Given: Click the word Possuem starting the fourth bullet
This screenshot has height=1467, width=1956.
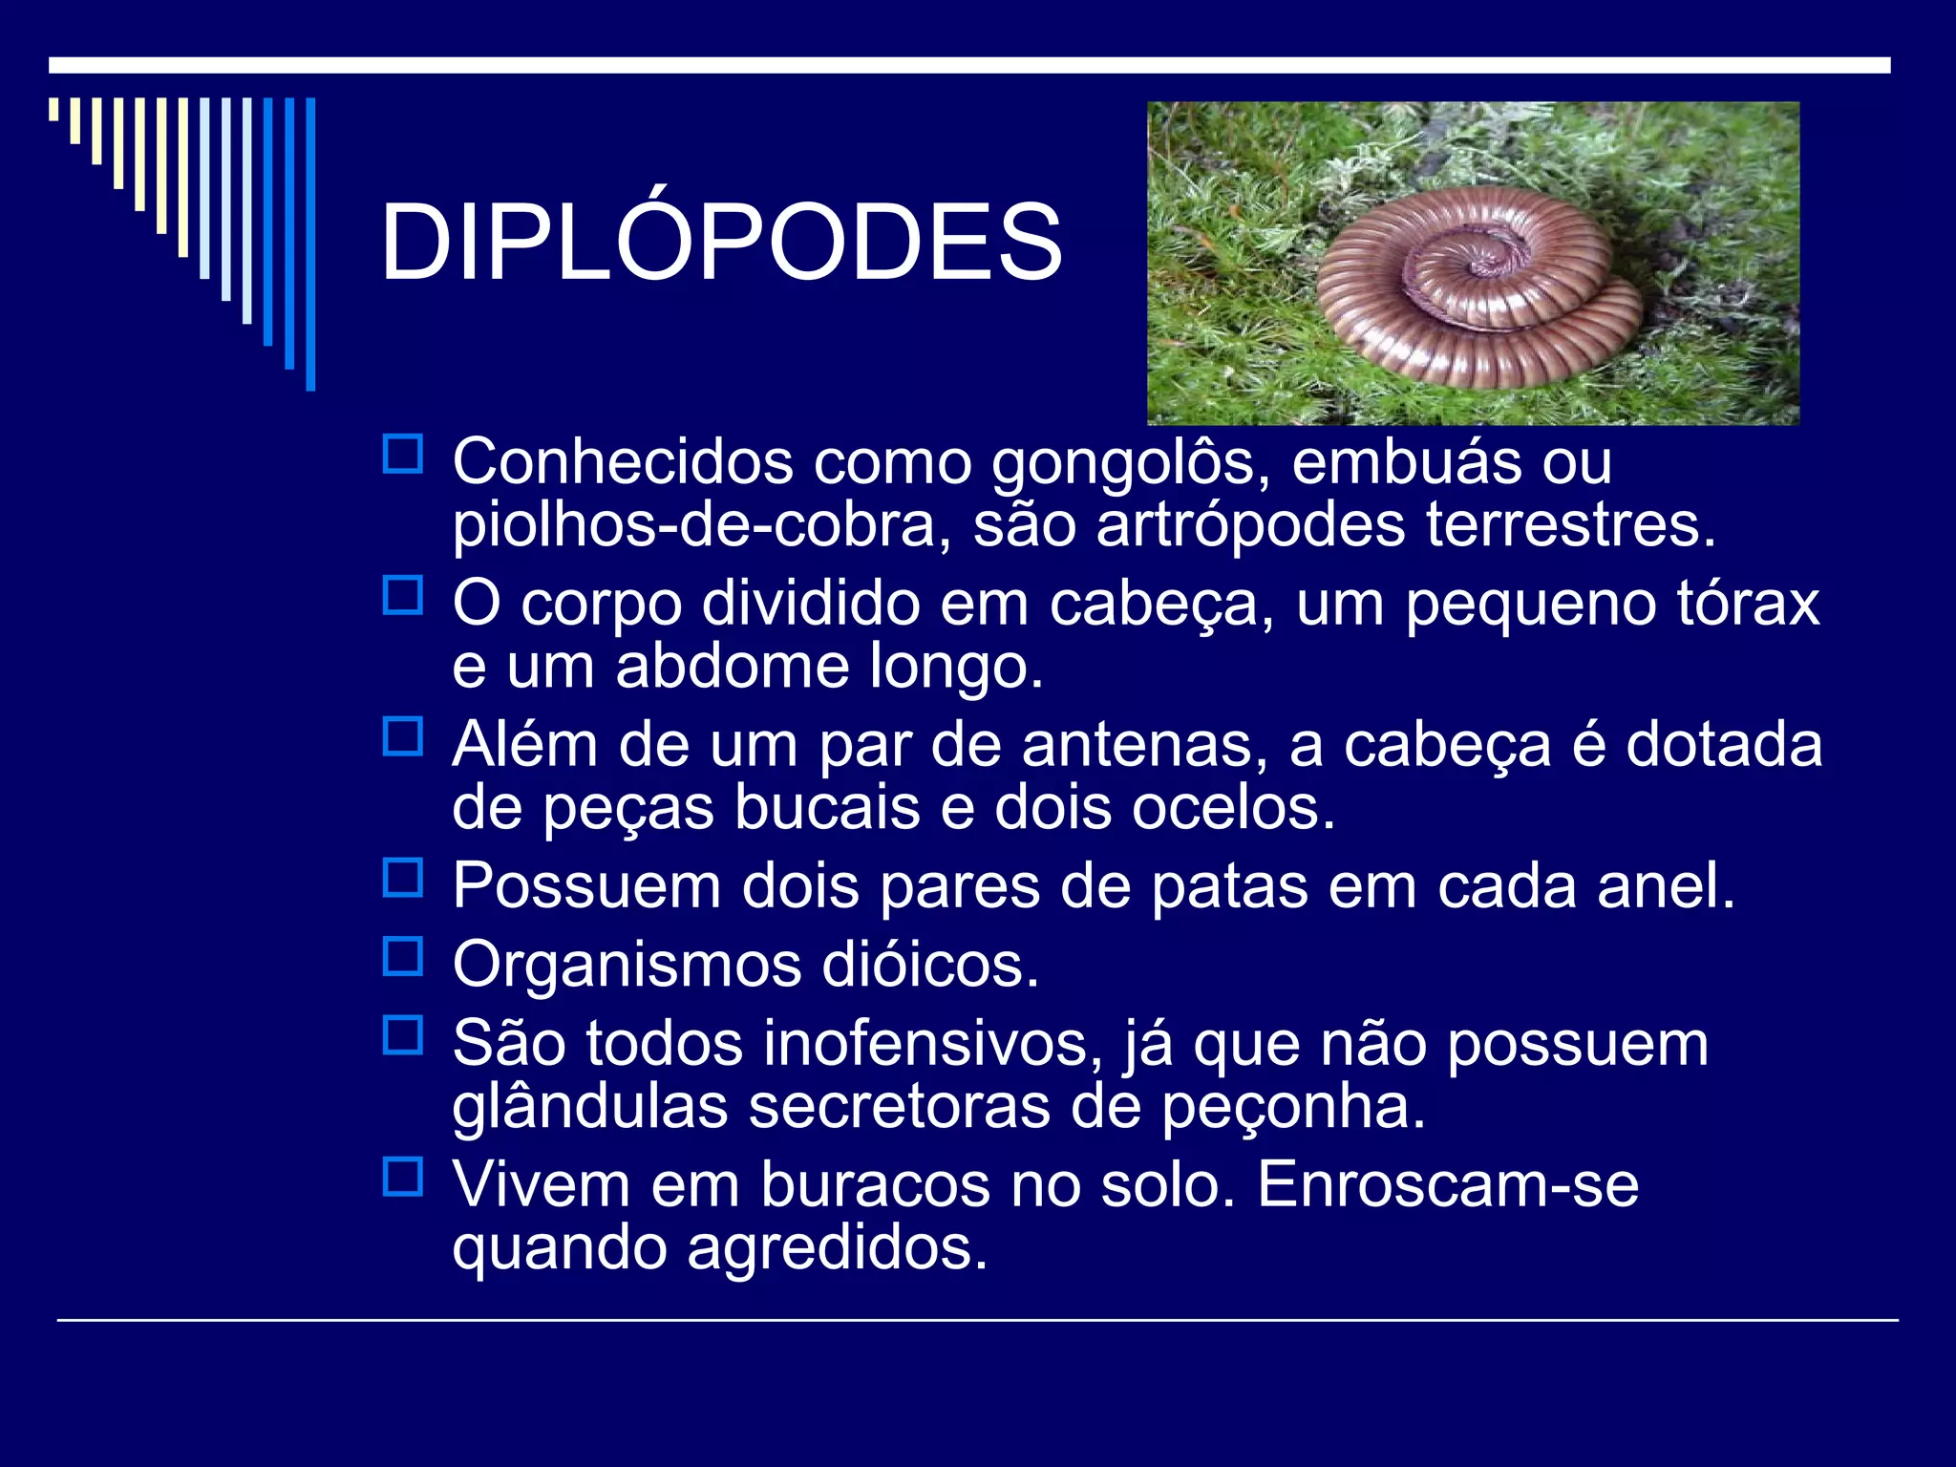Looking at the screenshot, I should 586,886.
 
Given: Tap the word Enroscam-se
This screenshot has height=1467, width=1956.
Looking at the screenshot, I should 1448,1185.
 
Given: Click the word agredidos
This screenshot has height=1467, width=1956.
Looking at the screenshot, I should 837,1248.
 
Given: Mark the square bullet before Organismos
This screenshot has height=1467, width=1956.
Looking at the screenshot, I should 403,956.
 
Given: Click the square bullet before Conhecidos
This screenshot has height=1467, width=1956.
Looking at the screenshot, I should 403,455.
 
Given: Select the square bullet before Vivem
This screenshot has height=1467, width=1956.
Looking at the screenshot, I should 403,1177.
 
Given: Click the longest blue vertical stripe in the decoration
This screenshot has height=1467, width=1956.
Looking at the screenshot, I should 310,244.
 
